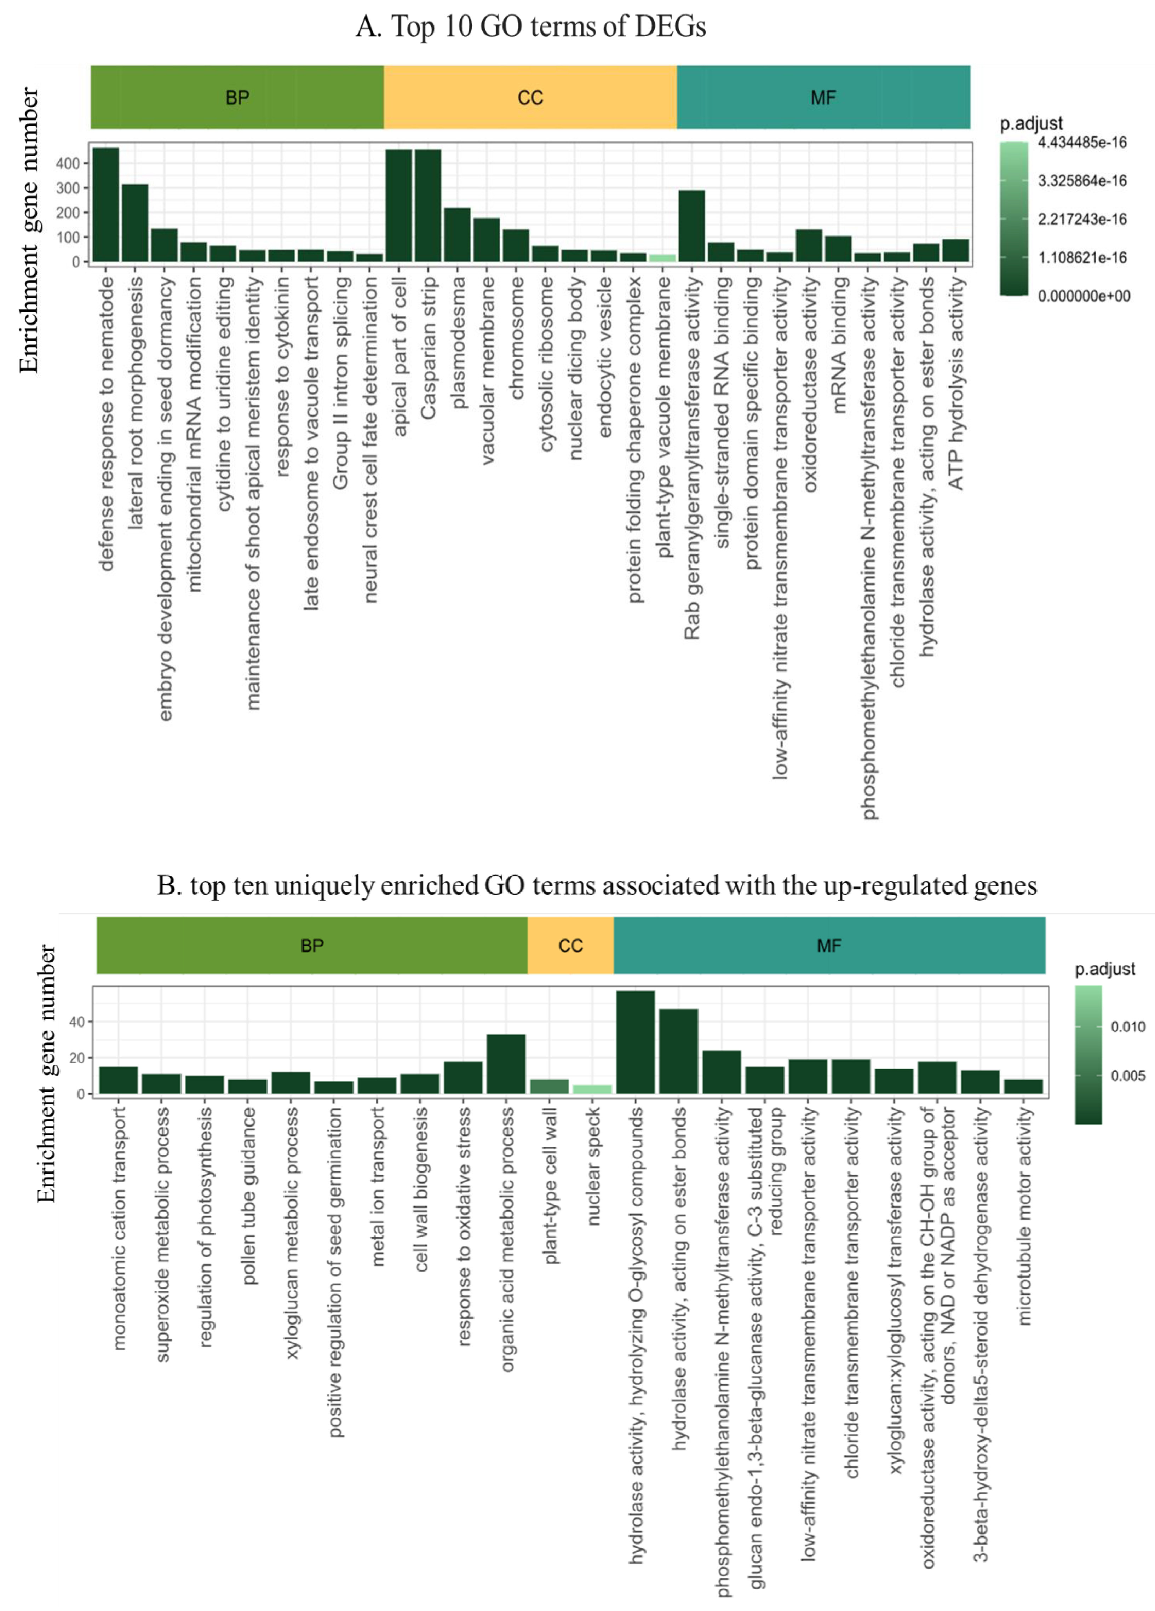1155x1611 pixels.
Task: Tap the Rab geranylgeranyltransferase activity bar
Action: pyautogui.click(x=691, y=226)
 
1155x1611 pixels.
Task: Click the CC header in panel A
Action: pyautogui.click(x=530, y=97)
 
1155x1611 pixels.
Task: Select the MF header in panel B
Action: pyautogui.click(x=829, y=946)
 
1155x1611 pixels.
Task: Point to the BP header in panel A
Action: pyautogui.click(x=237, y=97)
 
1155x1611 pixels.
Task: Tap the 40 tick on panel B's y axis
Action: pyautogui.click(x=77, y=1022)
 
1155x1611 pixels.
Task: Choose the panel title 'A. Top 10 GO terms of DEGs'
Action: pyautogui.click(x=530, y=27)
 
